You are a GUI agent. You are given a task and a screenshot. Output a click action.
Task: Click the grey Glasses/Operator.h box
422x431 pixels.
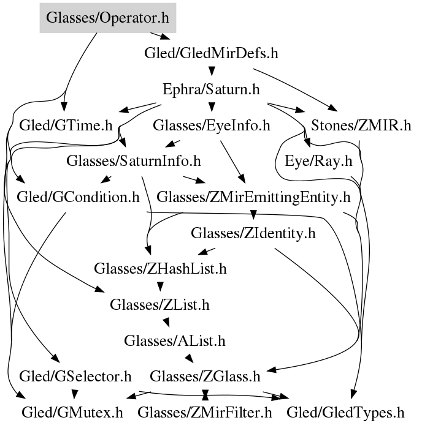point(107,18)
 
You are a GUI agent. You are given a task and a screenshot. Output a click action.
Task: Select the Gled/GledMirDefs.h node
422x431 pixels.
point(212,53)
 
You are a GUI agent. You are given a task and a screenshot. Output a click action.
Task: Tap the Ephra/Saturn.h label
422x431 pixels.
point(212,89)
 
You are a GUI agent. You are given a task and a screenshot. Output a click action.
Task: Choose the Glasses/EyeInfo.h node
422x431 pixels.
point(212,126)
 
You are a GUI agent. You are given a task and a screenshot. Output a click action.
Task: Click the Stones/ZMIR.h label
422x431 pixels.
point(361,126)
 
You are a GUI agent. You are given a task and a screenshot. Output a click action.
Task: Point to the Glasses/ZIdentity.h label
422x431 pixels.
point(253,233)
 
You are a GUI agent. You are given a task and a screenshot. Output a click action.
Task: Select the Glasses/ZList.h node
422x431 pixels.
point(161,304)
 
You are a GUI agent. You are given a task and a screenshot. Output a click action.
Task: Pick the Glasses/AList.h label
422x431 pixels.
point(175,340)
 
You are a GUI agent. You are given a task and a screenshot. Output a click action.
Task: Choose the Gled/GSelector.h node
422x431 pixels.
point(75,375)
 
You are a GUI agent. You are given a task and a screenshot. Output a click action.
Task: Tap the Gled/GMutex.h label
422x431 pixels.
point(72,412)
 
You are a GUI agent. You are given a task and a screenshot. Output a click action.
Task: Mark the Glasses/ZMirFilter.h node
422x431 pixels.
point(205,412)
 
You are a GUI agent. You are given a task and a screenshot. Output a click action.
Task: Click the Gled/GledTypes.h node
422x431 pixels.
point(346,412)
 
